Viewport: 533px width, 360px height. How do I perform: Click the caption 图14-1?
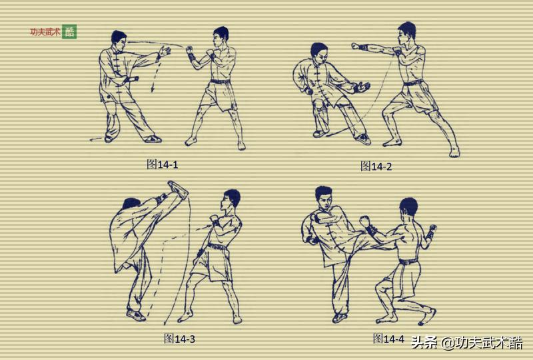162,165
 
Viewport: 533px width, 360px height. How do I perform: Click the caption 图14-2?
376,167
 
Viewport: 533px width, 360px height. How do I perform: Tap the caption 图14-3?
179,339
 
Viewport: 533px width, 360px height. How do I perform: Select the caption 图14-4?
388,339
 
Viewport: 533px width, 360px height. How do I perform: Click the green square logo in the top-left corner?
69,32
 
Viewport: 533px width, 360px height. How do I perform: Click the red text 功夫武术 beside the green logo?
45,32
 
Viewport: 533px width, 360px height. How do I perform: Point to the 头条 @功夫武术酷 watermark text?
467,343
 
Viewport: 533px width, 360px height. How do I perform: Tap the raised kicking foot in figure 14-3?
178,189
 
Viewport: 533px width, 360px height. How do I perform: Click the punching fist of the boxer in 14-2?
356,45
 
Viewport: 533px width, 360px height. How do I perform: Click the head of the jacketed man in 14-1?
119,40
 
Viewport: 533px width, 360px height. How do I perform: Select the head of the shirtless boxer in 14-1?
221,37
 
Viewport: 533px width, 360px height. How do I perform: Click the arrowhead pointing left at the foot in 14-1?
92,139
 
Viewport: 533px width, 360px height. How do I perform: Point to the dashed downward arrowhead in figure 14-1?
153,89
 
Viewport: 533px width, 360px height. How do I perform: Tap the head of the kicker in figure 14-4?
324,198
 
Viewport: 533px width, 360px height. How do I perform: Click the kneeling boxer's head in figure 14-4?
408,208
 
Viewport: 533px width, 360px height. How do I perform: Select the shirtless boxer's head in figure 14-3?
231,201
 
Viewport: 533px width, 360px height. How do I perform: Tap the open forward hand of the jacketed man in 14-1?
165,51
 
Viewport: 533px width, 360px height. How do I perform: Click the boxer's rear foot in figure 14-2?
454,153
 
